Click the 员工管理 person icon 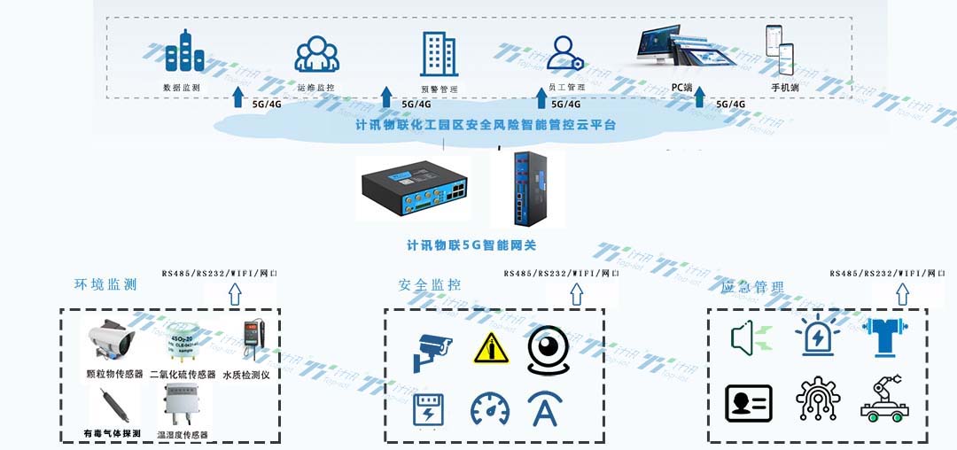[564, 53]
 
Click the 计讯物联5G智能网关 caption [471, 245]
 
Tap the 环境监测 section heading [105, 284]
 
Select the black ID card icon [749, 403]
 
